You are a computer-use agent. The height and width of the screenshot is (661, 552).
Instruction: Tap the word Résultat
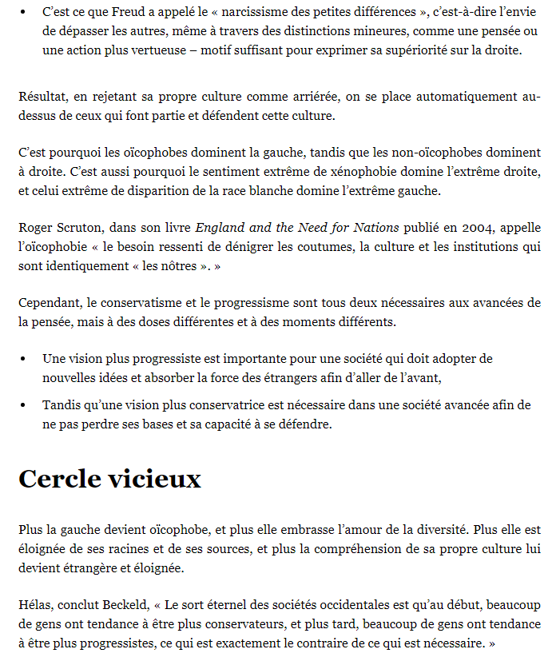pyautogui.click(x=42, y=97)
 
